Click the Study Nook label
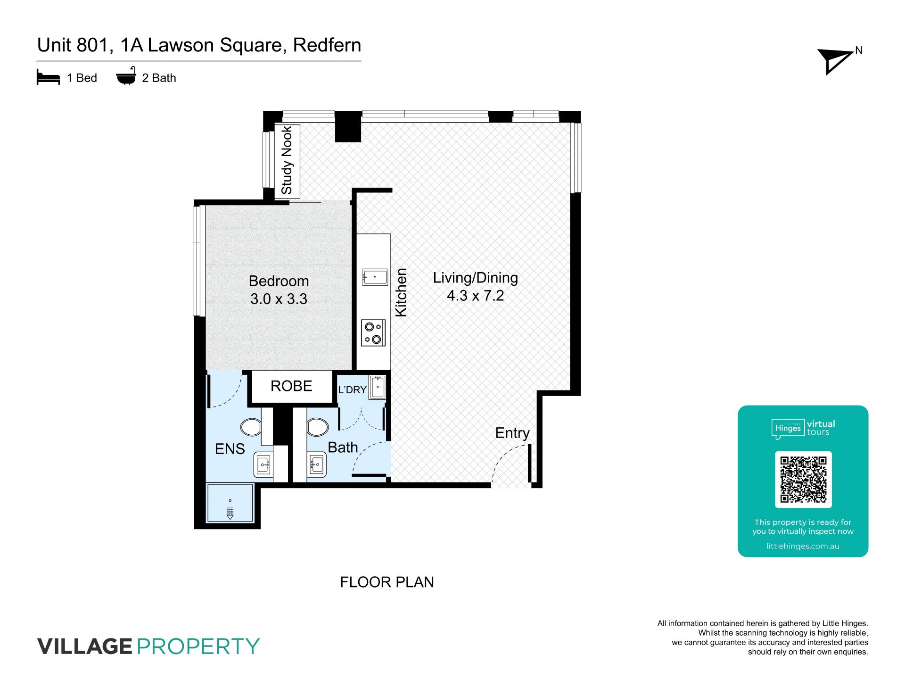coord(287,160)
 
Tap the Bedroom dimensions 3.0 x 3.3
coord(279,299)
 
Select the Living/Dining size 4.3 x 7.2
coord(475,296)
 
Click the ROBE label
coord(291,386)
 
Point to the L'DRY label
coord(352,389)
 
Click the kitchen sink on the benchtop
coord(375,277)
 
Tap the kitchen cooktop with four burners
coord(373,332)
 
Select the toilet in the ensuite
coord(251,427)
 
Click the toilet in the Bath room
coord(318,427)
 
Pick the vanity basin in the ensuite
coord(263,464)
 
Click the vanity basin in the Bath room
coord(316,464)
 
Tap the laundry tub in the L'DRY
coord(378,387)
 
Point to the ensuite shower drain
coord(230,513)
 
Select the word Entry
coord(512,433)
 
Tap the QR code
coord(803,480)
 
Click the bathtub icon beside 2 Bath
coord(126,76)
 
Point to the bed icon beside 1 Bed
coord(48,77)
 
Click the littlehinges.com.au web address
coord(803,546)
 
